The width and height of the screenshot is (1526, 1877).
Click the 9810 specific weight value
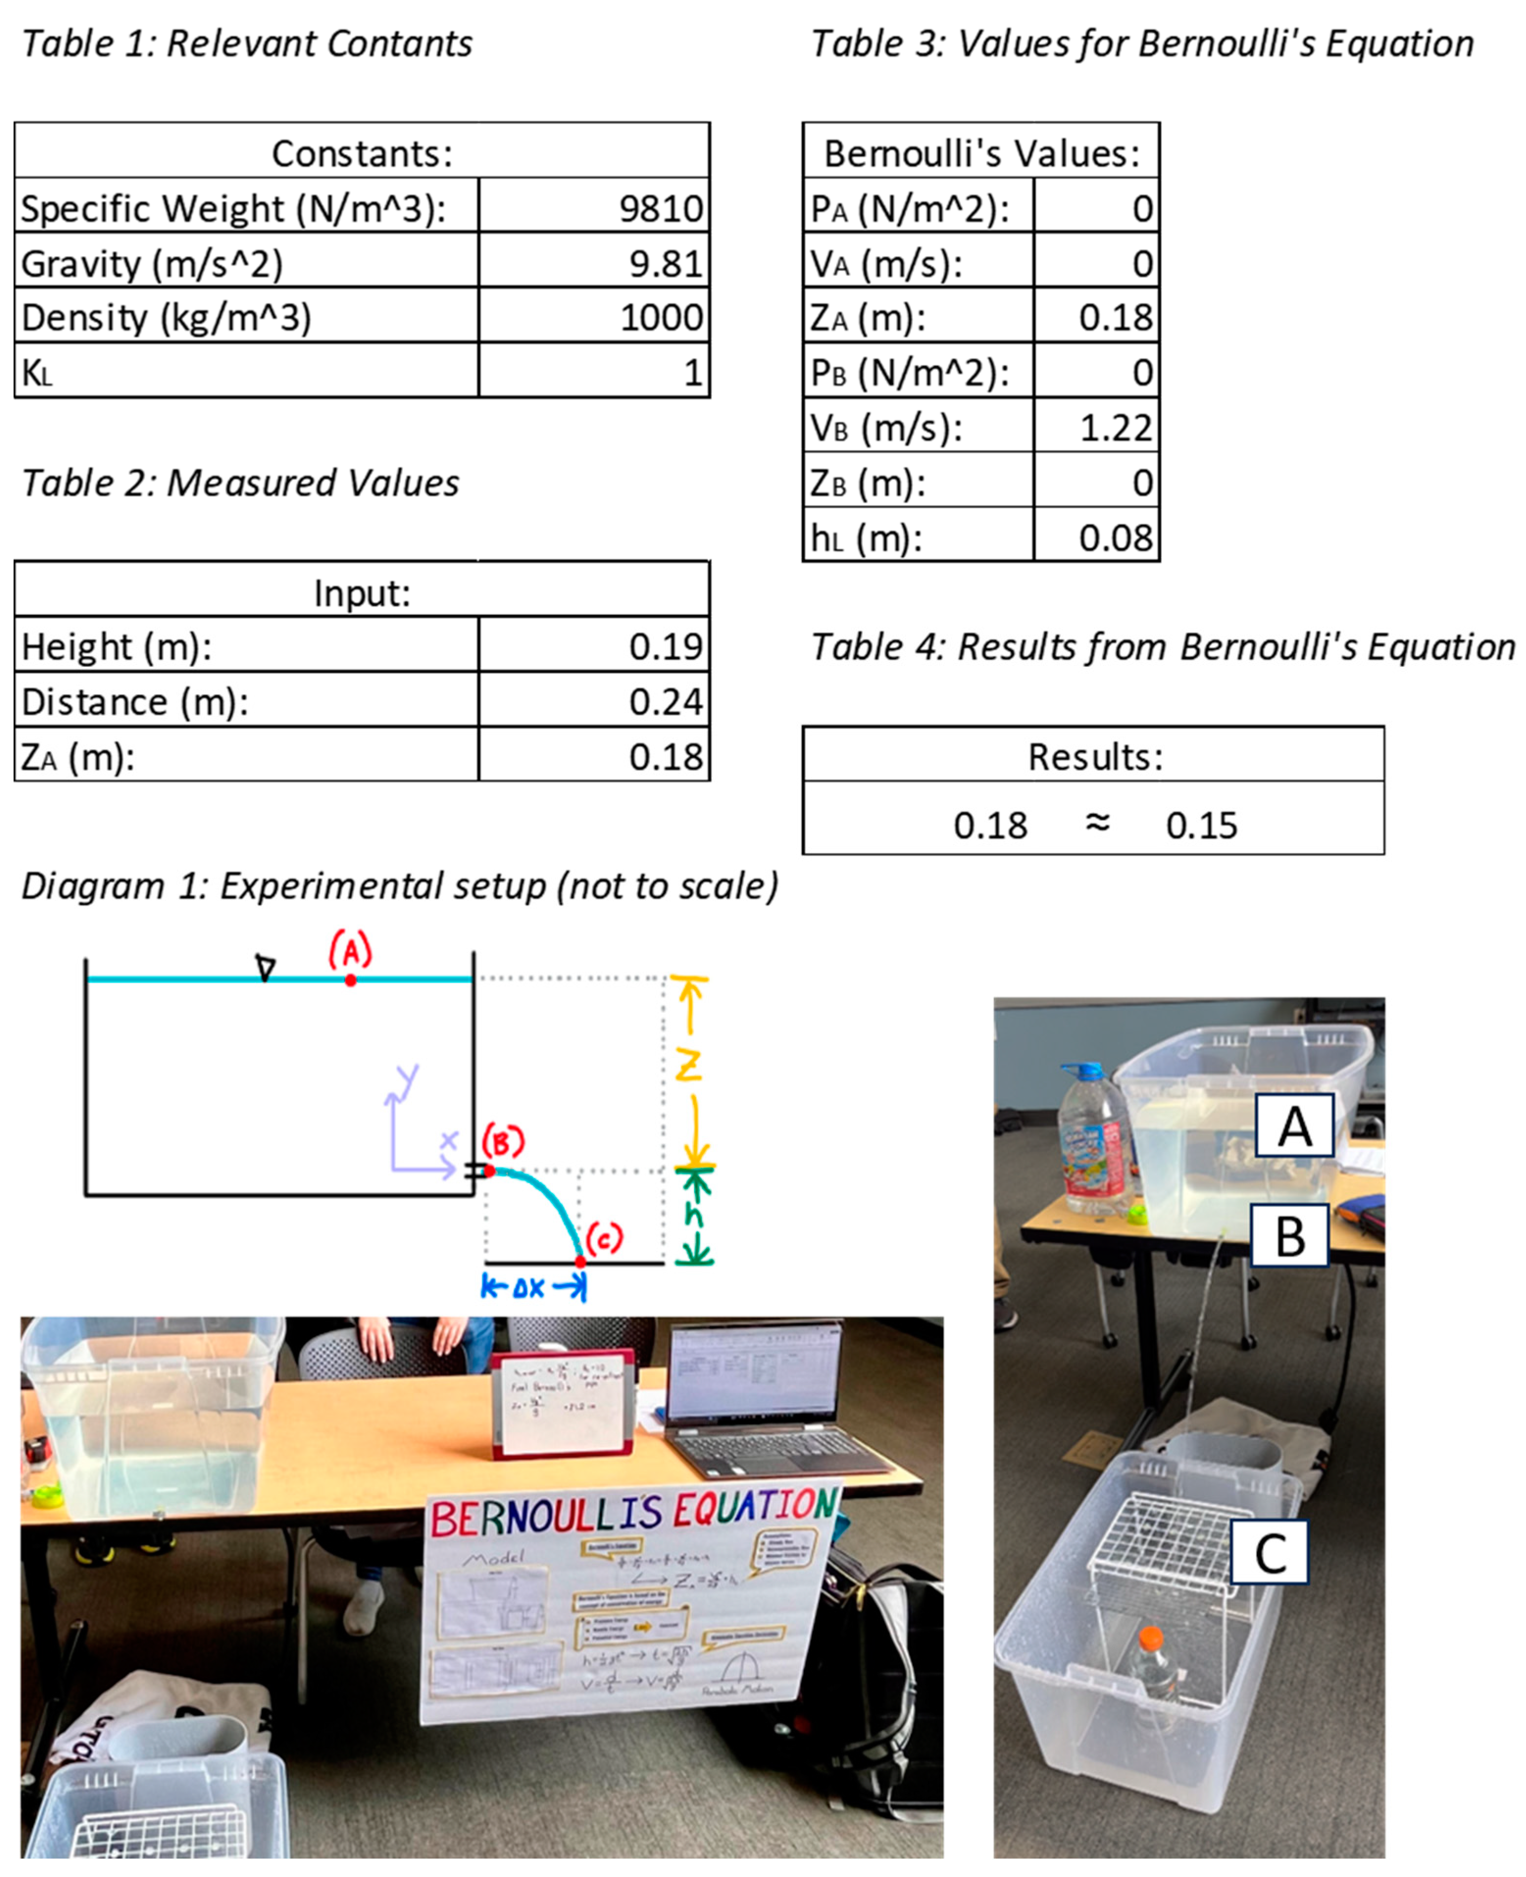pos(660,208)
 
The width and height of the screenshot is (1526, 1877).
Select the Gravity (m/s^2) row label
pos(151,264)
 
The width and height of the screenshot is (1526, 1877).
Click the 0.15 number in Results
pos(1201,826)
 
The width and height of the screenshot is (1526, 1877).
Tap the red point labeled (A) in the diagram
pos(350,979)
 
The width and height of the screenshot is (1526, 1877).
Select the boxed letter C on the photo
pos(1269,1552)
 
